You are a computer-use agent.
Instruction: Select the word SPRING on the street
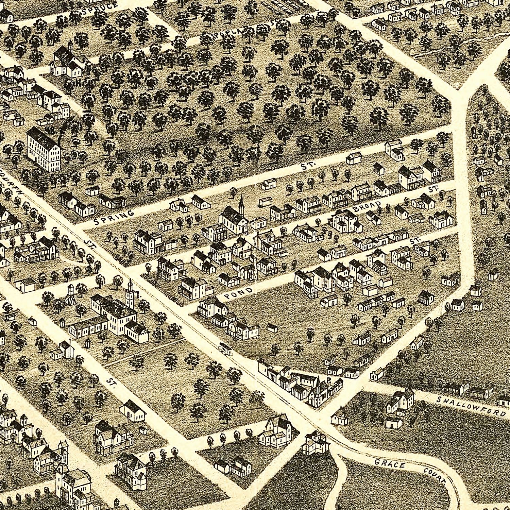114,218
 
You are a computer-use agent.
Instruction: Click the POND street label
238,294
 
